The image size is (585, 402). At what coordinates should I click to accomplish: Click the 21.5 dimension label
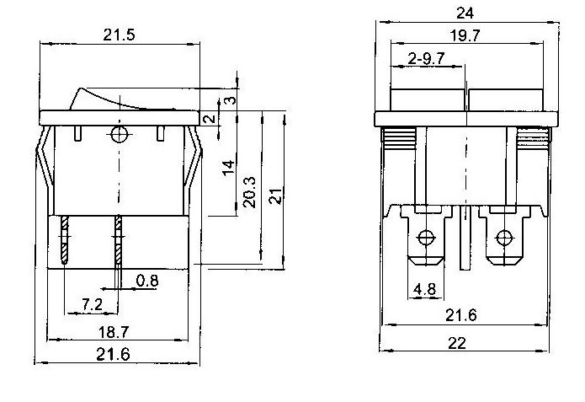120,35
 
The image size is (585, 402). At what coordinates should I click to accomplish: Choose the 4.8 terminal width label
424,292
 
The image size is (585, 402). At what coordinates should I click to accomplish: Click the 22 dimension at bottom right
459,344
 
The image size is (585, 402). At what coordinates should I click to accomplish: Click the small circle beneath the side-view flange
119,135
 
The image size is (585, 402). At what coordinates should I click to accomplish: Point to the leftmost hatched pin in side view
65,242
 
